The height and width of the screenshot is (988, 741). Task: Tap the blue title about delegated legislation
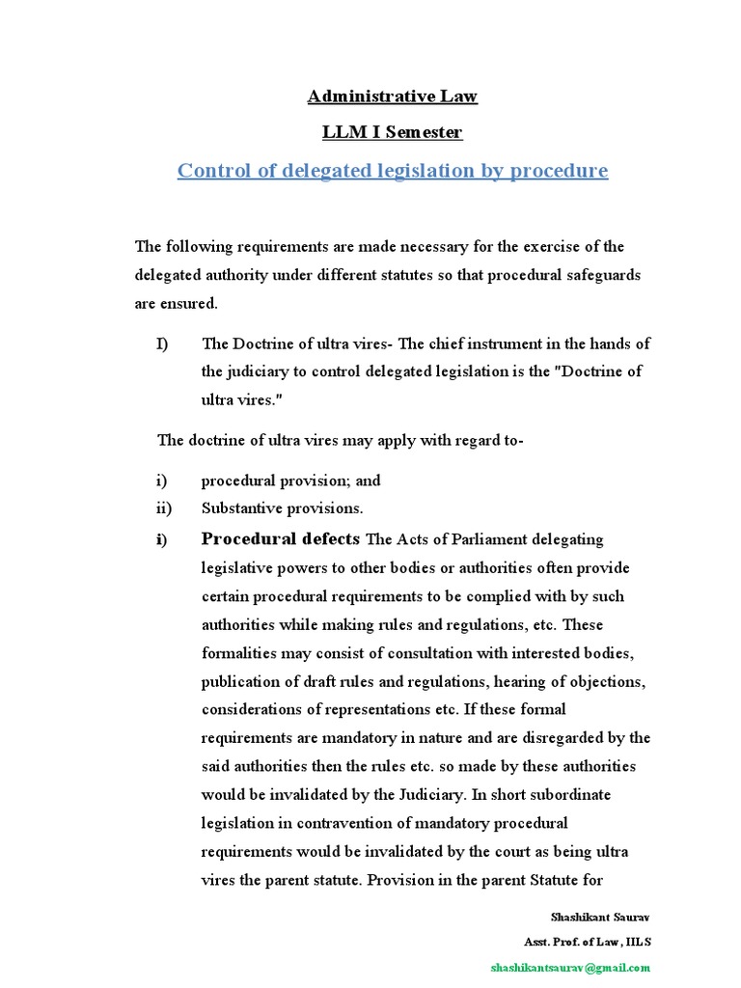tap(392, 171)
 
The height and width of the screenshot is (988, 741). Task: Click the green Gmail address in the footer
tap(570, 967)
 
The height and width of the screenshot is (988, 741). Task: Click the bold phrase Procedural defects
tap(280, 538)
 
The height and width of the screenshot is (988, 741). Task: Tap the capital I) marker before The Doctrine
tap(163, 343)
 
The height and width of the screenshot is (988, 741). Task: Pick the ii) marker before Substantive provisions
tap(162, 508)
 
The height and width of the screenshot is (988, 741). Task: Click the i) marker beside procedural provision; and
tap(160, 480)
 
